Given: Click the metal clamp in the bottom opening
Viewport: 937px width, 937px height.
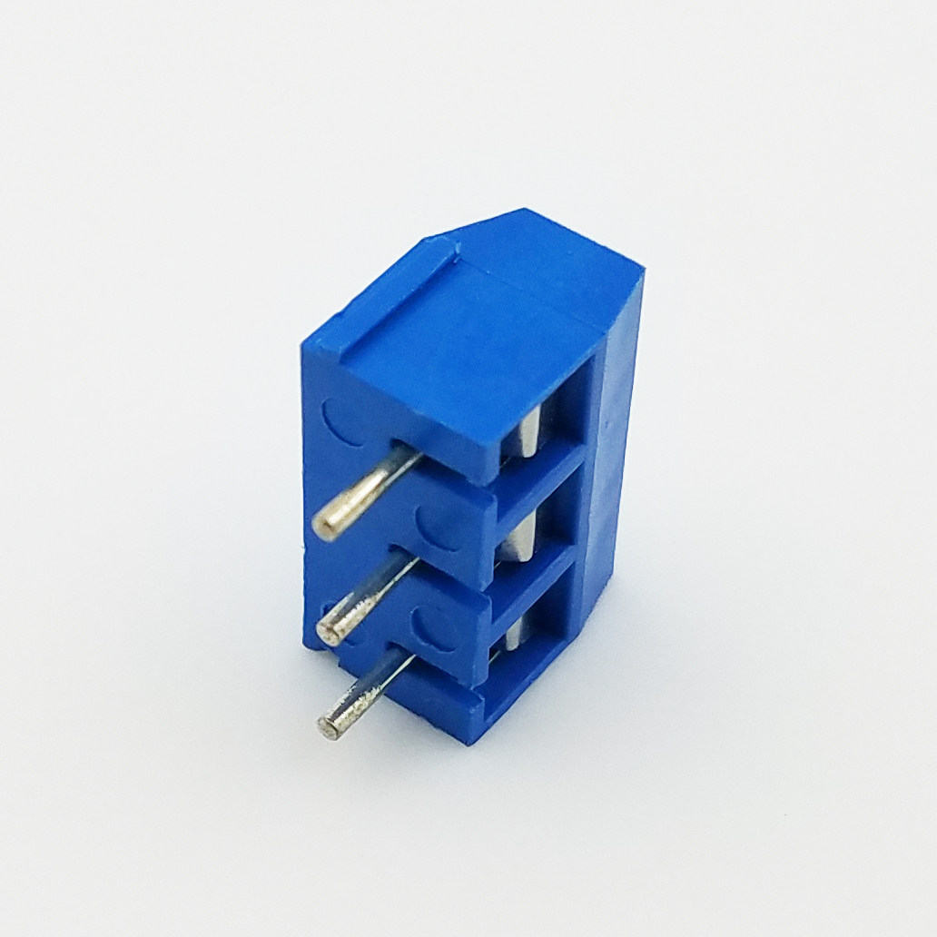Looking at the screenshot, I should (x=513, y=634).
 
